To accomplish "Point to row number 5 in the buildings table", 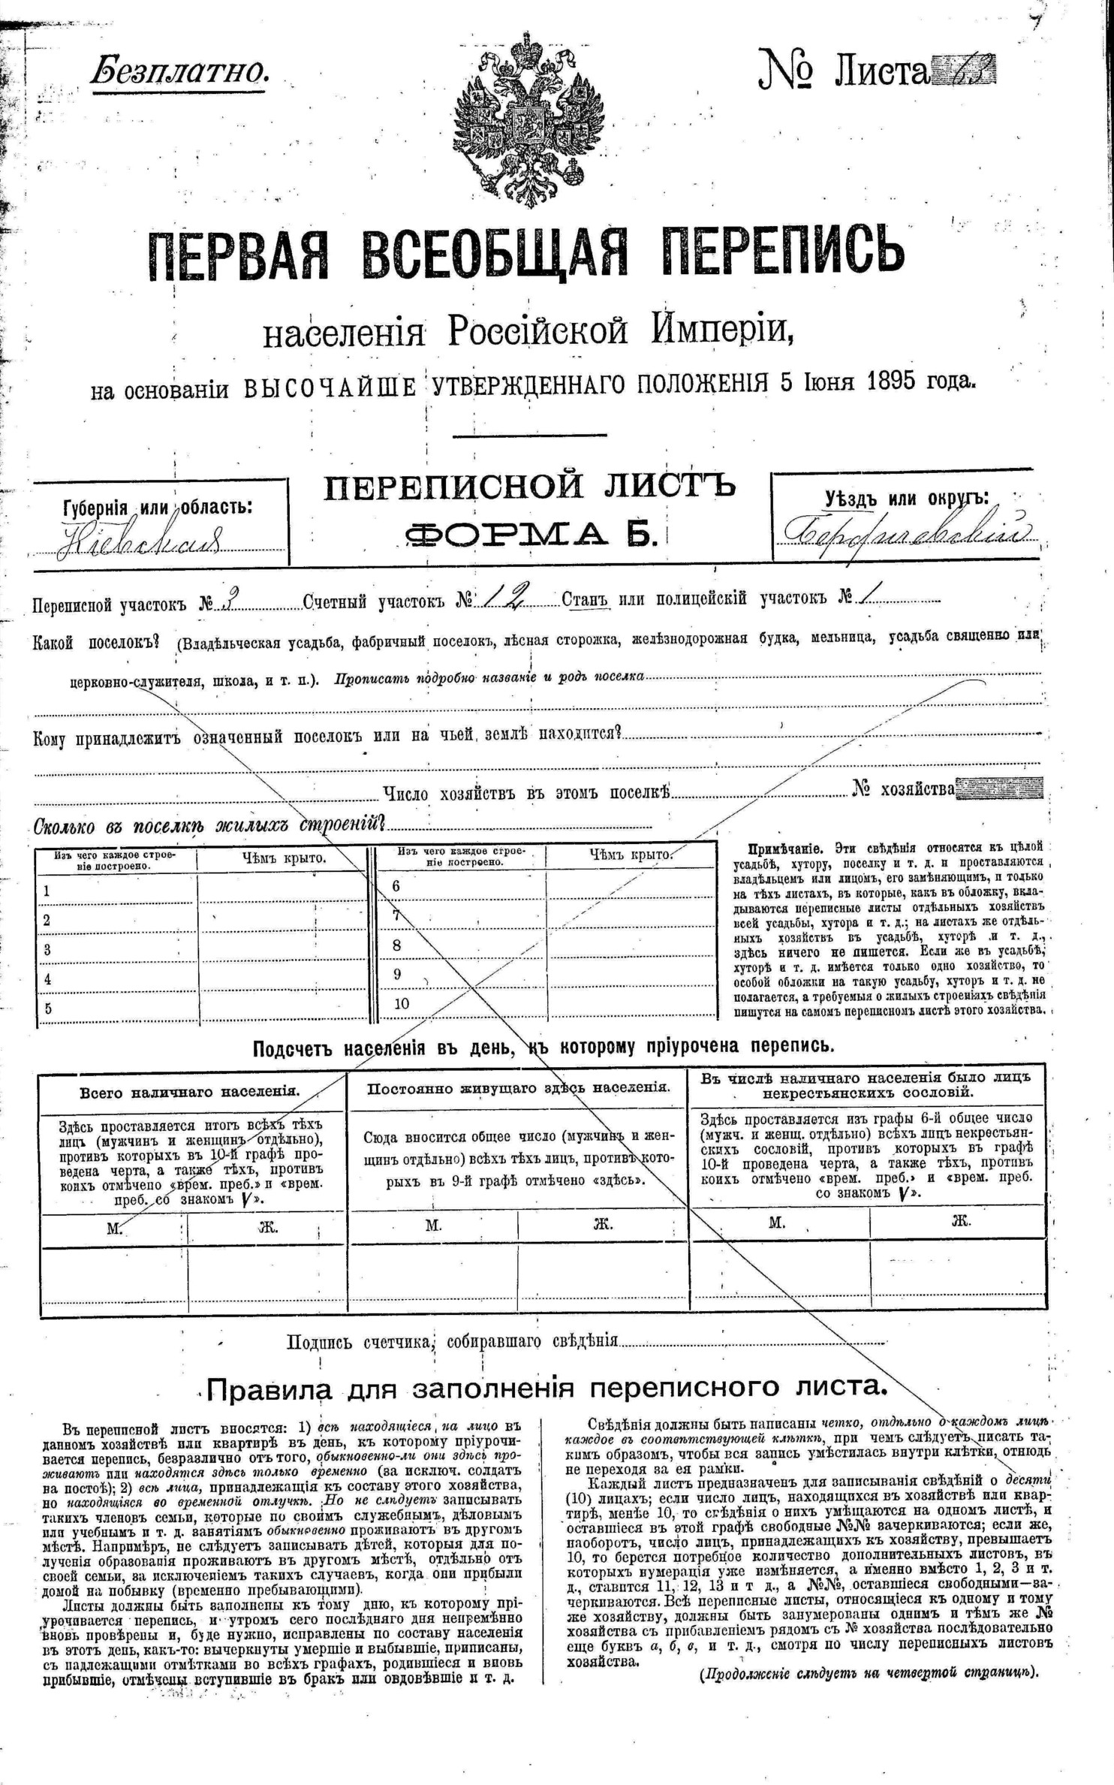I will point(48,1009).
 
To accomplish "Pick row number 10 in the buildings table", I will point(401,1003).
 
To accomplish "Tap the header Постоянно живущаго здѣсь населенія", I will point(518,1087).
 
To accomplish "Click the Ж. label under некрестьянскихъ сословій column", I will point(960,1221).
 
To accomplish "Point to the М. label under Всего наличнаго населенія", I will point(114,1228).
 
